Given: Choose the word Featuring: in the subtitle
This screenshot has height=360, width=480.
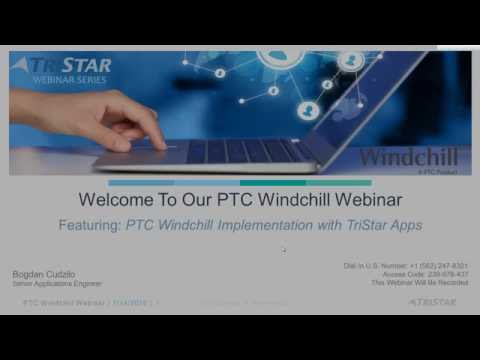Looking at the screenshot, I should (x=89, y=225).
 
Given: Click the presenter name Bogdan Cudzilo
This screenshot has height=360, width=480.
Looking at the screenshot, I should (x=45, y=273).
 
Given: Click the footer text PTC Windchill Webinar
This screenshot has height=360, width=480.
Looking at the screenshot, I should (x=64, y=301).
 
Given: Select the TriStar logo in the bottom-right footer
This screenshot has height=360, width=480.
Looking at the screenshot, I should (x=432, y=301).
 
